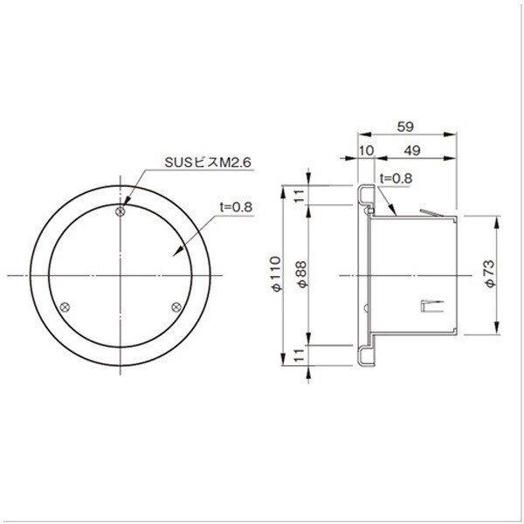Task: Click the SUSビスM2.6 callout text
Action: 208,162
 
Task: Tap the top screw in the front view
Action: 121,211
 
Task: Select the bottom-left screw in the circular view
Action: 65,307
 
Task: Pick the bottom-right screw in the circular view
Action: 176,307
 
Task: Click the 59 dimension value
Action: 405,127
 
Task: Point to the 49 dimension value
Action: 412,151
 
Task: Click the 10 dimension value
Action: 367,151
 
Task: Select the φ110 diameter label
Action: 276,274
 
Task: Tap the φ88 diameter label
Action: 301,274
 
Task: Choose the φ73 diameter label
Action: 490,273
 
